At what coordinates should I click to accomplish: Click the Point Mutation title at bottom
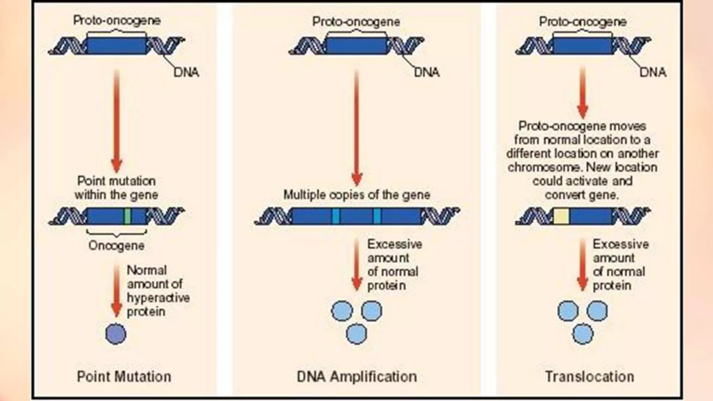(124, 377)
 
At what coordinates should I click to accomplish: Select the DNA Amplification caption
(356, 377)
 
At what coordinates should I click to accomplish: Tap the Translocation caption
(589, 377)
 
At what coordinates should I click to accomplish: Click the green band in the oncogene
(127, 217)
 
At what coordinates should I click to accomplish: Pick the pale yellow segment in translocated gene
(561, 216)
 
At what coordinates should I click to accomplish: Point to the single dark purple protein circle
(116, 333)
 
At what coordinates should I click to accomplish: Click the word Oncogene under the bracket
(116, 246)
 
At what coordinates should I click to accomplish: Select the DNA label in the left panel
(186, 72)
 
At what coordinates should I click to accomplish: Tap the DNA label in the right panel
(653, 72)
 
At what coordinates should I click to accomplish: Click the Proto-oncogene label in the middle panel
(356, 22)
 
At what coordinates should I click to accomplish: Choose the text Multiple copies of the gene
(356, 195)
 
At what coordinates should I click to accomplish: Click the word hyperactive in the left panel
(158, 298)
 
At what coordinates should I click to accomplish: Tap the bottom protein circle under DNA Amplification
(356, 333)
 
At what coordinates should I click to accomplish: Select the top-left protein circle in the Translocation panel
(568, 310)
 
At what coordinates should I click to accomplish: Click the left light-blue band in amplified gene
(335, 216)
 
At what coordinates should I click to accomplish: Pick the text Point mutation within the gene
(116, 188)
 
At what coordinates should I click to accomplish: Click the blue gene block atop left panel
(117, 46)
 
